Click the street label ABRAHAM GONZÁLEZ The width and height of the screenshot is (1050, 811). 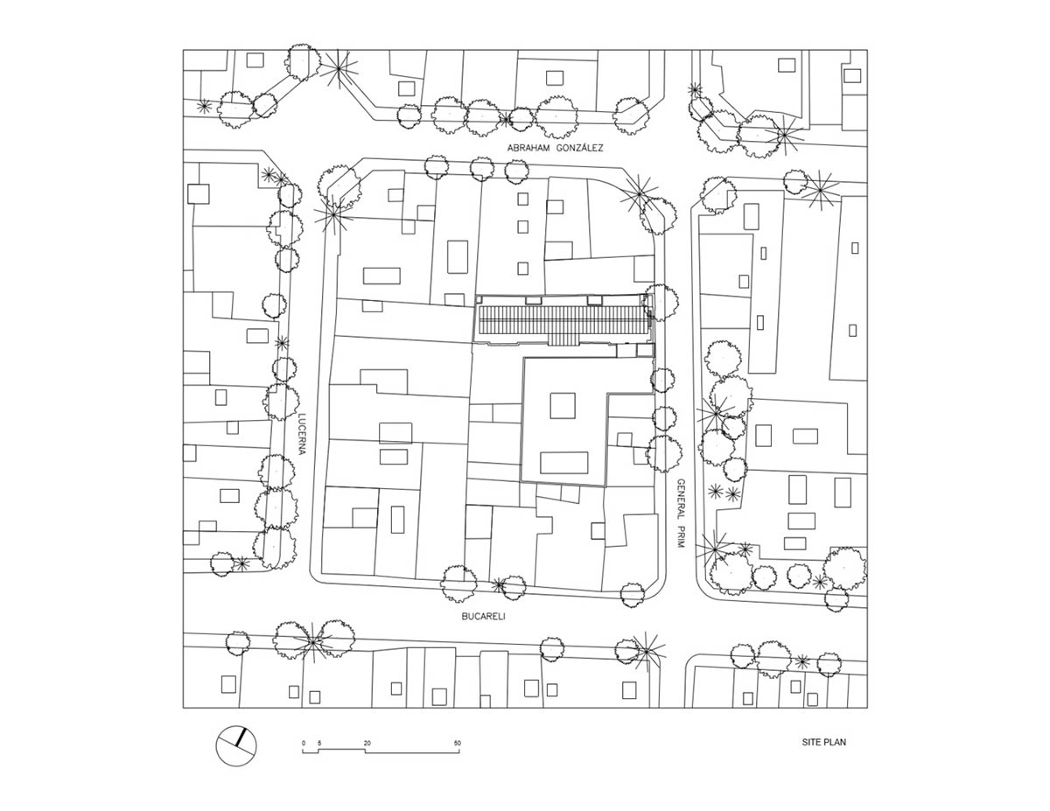tap(555, 149)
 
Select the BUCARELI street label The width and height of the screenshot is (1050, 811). tap(484, 616)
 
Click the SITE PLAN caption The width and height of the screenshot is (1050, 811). tap(823, 743)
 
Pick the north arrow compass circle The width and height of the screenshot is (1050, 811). tap(237, 746)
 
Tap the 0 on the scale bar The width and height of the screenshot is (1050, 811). tap(304, 743)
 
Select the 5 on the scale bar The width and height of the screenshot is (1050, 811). tap(319, 743)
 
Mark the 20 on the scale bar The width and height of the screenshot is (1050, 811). tap(367, 743)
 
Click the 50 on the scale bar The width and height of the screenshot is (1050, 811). tap(457, 743)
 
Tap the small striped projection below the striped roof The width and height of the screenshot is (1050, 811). tap(564, 338)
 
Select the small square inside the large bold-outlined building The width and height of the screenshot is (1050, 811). tap(562, 407)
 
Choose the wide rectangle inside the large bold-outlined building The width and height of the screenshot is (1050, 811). tap(563, 462)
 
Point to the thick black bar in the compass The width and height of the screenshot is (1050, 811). tap(240, 738)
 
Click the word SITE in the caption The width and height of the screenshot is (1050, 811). tap(811, 743)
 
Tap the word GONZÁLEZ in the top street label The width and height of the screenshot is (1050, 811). tap(578, 149)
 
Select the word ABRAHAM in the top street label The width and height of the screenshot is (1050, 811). tap(528, 149)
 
